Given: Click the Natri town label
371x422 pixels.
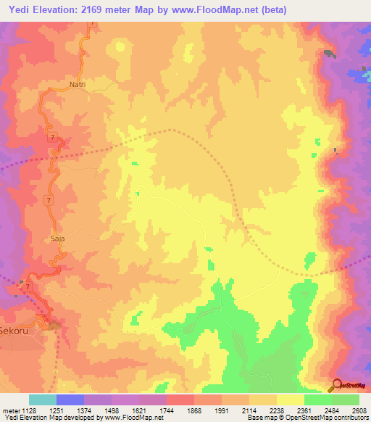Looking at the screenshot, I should (78, 85).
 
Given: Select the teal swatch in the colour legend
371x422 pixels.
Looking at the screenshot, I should (42, 400).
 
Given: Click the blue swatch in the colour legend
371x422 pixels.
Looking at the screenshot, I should (70, 400).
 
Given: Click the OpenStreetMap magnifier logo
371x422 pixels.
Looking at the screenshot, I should (334, 384).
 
